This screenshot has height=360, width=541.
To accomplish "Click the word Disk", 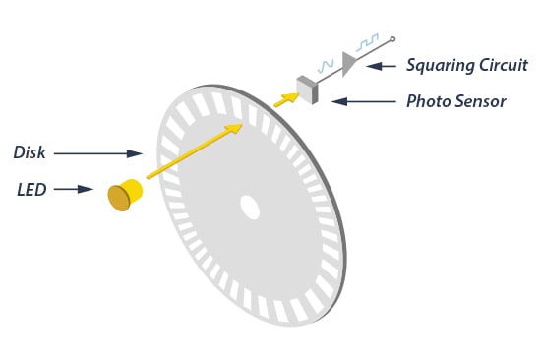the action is tap(30, 152).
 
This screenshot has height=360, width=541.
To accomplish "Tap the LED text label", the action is tap(31, 189).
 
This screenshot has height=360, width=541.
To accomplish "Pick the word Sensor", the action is tap(482, 100).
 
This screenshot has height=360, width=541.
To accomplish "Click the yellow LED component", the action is tap(123, 195).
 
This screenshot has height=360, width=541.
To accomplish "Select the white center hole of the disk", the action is tap(250, 208).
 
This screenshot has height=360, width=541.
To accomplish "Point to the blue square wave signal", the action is tap(368, 43).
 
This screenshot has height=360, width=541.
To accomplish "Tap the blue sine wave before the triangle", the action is tap(325, 64).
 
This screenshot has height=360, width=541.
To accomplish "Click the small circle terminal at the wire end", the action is tap(392, 40).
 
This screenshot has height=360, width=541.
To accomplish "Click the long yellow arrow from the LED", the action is tap(193, 151).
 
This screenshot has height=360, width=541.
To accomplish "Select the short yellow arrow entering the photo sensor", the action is tap(286, 99).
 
